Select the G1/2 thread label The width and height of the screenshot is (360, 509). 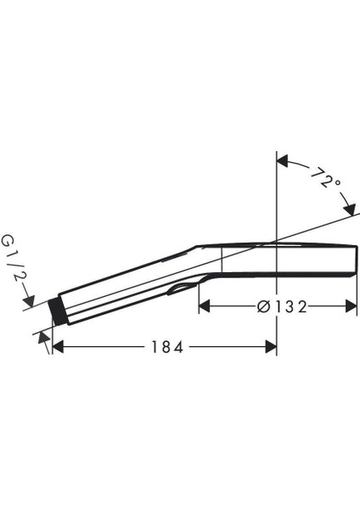pos(14,264)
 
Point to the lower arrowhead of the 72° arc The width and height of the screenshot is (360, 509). pos(349,210)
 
